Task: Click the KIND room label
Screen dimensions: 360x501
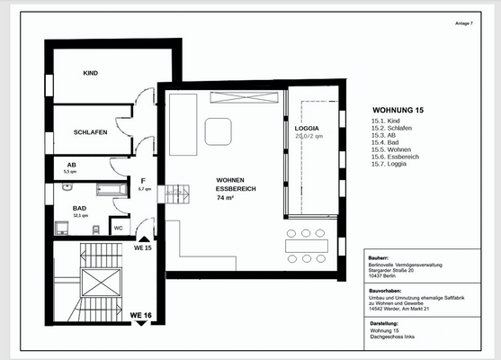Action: tap(90, 73)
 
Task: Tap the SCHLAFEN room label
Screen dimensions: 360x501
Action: tap(91, 132)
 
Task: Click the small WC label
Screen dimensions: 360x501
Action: tap(118, 228)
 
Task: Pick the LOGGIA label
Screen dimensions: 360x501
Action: tap(308, 129)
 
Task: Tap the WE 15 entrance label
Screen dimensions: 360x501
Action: tap(142, 247)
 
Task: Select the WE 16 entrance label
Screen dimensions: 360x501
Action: tap(141, 315)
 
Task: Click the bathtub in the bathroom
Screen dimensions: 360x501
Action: tap(112, 189)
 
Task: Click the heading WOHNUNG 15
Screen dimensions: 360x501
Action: tap(397, 110)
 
